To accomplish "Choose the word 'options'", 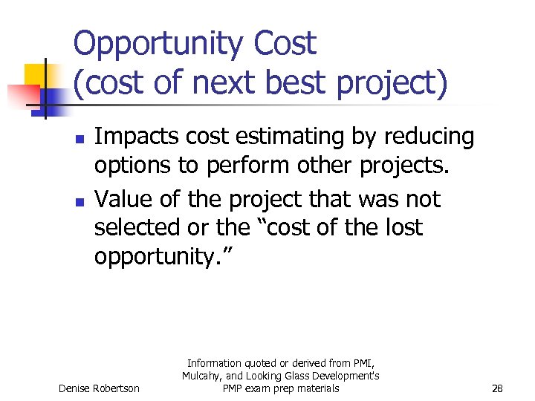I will coord(132,165).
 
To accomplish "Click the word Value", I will coord(122,200).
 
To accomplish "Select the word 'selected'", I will coord(135,227).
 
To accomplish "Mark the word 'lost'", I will coord(402,227).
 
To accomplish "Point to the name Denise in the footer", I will coord(76,388).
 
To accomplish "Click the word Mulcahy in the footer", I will coord(204,376).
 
